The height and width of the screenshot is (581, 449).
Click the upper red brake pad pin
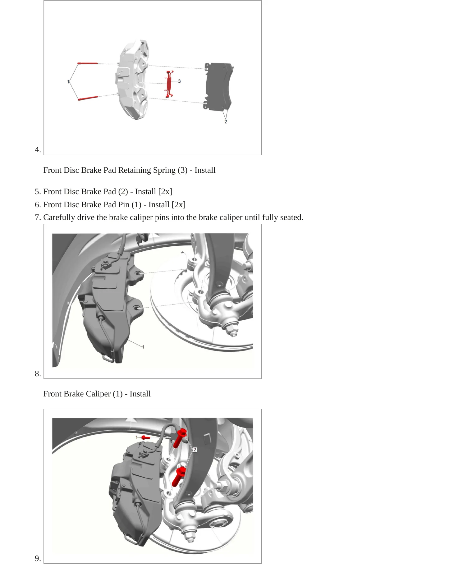point(88,63)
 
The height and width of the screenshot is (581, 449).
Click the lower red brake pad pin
point(88,98)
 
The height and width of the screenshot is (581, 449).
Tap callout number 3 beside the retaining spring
point(179,81)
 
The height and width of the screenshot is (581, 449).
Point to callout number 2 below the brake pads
point(226,122)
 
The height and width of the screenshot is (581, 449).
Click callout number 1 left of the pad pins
point(68,82)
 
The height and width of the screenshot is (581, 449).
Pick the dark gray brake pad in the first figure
point(218,86)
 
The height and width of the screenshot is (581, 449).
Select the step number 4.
point(38,150)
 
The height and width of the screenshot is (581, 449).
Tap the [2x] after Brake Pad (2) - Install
point(165,192)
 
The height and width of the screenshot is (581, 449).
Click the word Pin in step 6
point(124,205)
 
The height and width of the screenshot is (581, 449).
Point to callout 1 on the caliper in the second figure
point(143,347)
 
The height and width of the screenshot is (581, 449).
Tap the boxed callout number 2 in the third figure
point(195,450)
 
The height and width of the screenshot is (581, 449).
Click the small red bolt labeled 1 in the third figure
point(146,437)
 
